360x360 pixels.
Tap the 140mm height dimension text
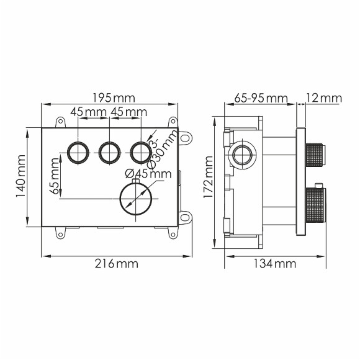pyautogui.click(x=20, y=177)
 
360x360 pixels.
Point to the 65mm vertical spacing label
pyautogui.click(x=56, y=177)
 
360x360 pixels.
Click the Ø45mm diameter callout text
pyautogui.click(x=148, y=174)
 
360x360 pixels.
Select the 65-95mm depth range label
pyautogui.click(x=261, y=97)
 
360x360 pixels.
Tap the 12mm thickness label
pyautogui.click(x=323, y=97)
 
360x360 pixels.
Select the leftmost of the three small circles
pyautogui.click(x=78, y=151)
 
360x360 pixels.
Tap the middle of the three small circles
pyautogui.click(x=109, y=151)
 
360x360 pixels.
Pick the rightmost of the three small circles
pyautogui.click(x=140, y=151)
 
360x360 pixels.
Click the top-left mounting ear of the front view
pyautogui.click(x=61, y=122)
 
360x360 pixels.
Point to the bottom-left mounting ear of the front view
pyautogui.click(x=61, y=233)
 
